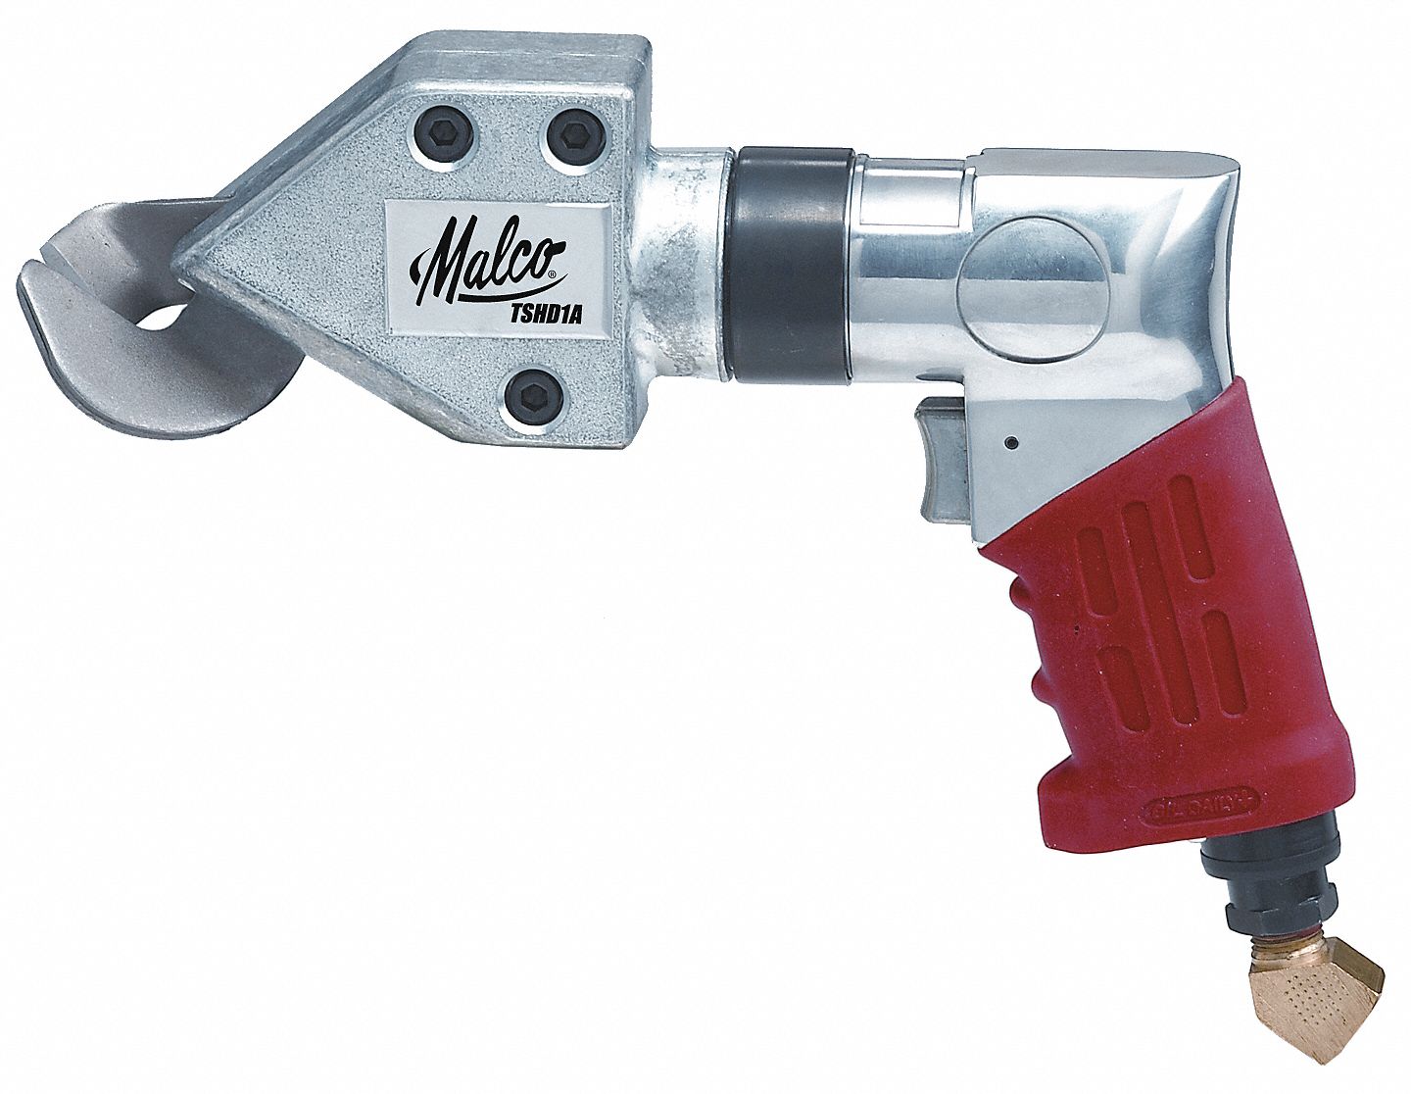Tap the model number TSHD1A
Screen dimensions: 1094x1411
click(x=529, y=314)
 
